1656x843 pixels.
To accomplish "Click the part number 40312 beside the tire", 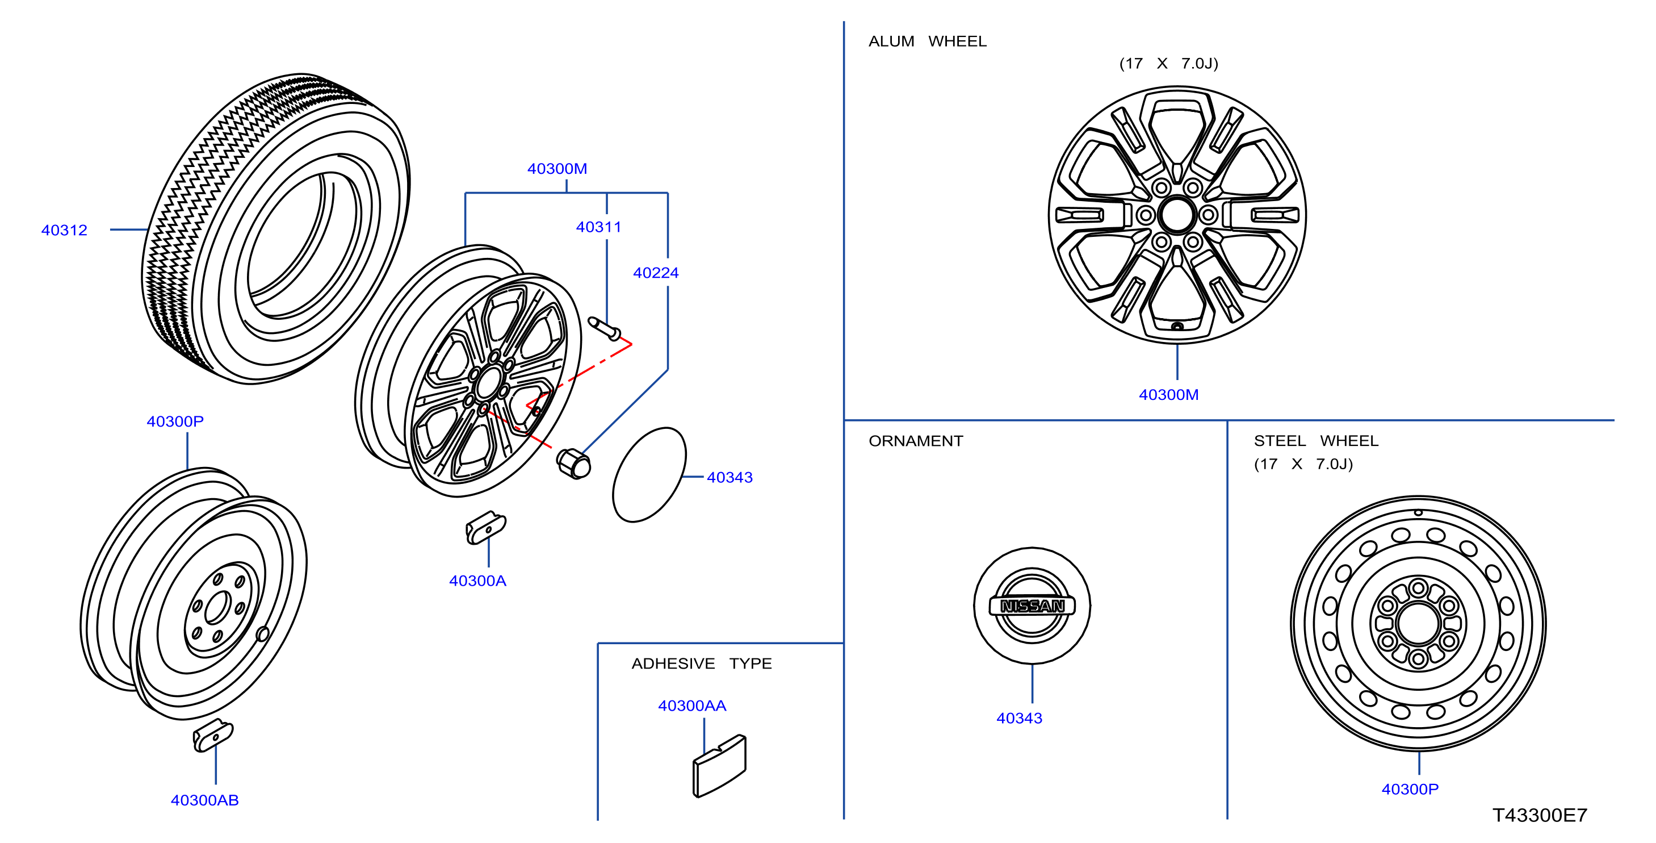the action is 64,230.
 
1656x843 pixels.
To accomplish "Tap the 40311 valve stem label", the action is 598,227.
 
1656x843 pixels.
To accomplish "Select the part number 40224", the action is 656,273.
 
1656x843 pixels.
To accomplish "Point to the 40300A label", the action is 477,581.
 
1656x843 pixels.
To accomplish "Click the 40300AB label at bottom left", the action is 204,800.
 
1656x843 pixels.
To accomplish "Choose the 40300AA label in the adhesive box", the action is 691,706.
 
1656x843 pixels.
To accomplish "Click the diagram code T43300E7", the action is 1540,815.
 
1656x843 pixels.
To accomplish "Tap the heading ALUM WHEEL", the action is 927,41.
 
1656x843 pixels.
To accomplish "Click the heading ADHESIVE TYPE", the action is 701,663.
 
